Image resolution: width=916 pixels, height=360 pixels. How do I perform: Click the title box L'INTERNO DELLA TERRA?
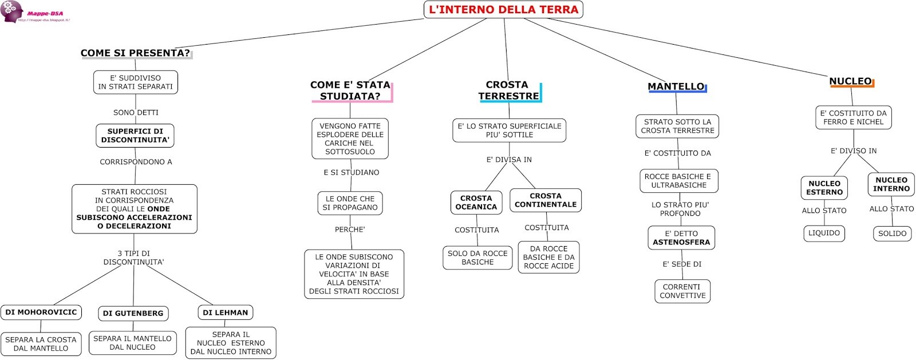coord(503,10)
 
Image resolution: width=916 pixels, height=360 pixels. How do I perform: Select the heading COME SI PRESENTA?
coord(135,53)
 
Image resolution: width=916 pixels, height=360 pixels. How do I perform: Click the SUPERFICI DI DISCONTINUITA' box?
coord(135,136)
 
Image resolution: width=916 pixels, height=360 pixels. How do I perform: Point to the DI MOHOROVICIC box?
coord(41,312)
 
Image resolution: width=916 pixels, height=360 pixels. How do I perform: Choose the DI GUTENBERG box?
coord(133,313)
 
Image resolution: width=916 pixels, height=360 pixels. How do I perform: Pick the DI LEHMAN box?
coord(226,312)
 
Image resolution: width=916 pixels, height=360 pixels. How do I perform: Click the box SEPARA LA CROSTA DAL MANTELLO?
coord(41,344)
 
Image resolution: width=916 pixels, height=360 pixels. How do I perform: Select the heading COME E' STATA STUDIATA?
coord(350,90)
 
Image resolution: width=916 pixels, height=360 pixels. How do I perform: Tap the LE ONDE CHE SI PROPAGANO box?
coord(350,203)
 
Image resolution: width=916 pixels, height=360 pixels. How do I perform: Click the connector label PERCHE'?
coord(350,230)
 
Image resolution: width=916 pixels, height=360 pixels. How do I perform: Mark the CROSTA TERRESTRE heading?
coord(508,90)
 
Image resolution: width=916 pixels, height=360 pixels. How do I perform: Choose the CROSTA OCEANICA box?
coord(476,203)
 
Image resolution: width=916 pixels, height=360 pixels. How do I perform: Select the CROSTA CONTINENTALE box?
coord(546,200)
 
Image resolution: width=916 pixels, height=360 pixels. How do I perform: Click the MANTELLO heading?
coord(676,86)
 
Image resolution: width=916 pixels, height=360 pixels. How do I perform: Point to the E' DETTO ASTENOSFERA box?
coord(681,238)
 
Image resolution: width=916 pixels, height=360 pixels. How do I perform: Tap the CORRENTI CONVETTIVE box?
coord(682,291)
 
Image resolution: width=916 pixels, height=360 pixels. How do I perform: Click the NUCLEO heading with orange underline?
coord(851,81)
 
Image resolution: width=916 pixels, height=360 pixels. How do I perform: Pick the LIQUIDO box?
coord(824,234)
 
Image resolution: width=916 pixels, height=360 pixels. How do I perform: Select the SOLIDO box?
coord(892,234)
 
